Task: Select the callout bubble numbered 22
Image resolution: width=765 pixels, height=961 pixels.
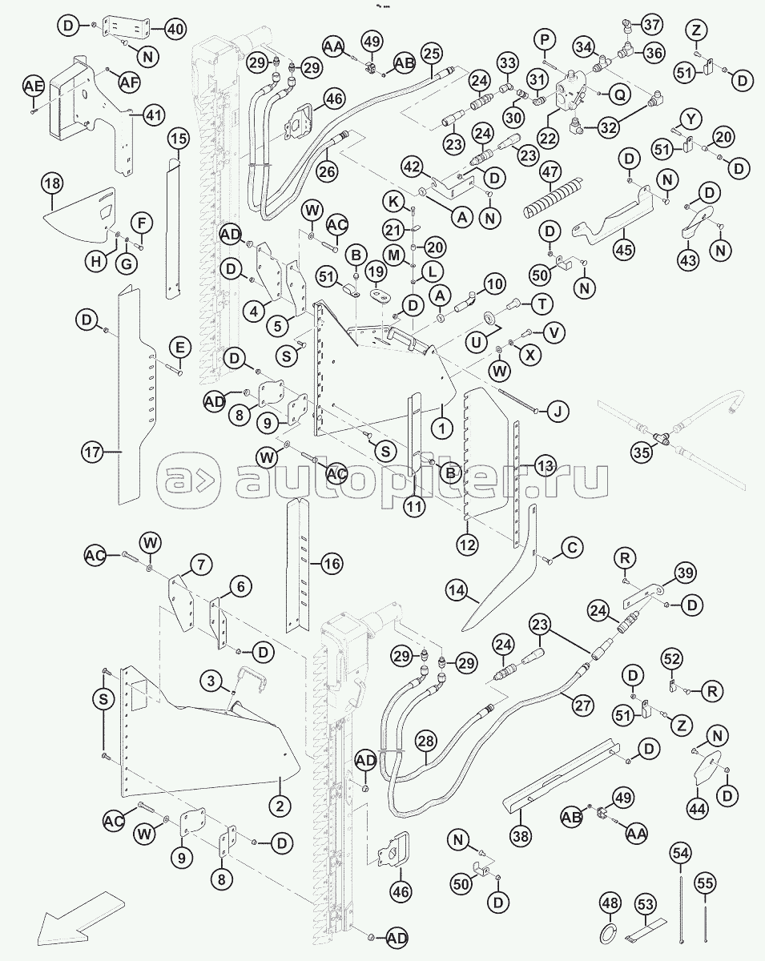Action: click(548, 139)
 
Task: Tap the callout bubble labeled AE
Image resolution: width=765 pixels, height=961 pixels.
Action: click(34, 87)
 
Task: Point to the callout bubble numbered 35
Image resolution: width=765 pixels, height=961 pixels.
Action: click(642, 452)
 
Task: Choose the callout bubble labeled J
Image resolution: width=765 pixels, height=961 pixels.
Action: click(558, 411)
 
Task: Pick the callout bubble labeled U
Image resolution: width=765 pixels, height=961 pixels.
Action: click(477, 343)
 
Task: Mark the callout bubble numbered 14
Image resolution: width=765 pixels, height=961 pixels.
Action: click(457, 591)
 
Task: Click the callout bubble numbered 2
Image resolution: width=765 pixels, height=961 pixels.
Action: click(280, 806)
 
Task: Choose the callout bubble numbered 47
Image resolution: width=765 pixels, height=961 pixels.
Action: click(551, 172)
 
